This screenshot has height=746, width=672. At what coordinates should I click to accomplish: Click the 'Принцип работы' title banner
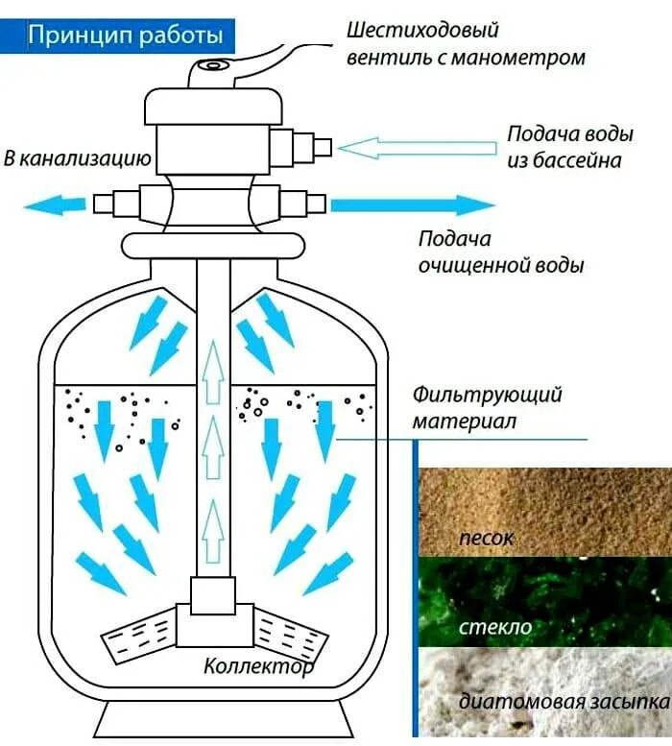[x=126, y=36]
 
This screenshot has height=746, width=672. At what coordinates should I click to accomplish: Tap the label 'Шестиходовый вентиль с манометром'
[x=465, y=44]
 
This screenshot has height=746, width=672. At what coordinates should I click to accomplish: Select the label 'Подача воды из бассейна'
[x=564, y=147]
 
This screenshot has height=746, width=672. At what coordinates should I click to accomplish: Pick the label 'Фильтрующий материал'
[x=487, y=408]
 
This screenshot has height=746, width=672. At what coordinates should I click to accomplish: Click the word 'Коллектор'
[x=257, y=665]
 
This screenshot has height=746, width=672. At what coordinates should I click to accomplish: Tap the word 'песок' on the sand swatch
[x=488, y=538]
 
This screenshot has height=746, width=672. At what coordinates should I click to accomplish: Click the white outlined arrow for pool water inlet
[x=419, y=147]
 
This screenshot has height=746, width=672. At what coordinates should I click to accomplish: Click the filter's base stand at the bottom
[x=212, y=720]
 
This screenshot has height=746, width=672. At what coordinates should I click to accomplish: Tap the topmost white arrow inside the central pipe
[x=213, y=364]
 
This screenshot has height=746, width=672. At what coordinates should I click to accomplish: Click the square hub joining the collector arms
[x=212, y=596]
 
